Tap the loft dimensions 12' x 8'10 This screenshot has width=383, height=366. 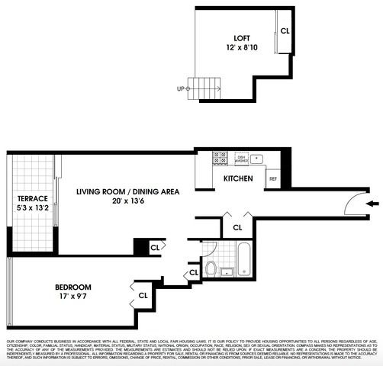[x=243, y=47]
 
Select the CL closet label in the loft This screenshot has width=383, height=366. [x=285, y=31]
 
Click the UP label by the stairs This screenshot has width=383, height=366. [x=181, y=88]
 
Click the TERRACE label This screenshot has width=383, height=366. [x=32, y=198]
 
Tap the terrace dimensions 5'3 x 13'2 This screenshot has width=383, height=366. [x=32, y=208]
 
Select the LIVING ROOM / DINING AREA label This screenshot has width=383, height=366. [x=127, y=192]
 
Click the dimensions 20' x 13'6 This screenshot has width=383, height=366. [x=127, y=203]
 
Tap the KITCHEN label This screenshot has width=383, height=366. [x=237, y=178]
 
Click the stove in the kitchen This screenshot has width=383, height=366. [x=220, y=159]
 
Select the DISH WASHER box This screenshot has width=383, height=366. [x=241, y=159]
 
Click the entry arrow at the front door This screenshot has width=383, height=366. [x=372, y=204]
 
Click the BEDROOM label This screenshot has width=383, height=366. [x=73, y=287]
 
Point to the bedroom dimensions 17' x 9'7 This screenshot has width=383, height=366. [x=73, y=298]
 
